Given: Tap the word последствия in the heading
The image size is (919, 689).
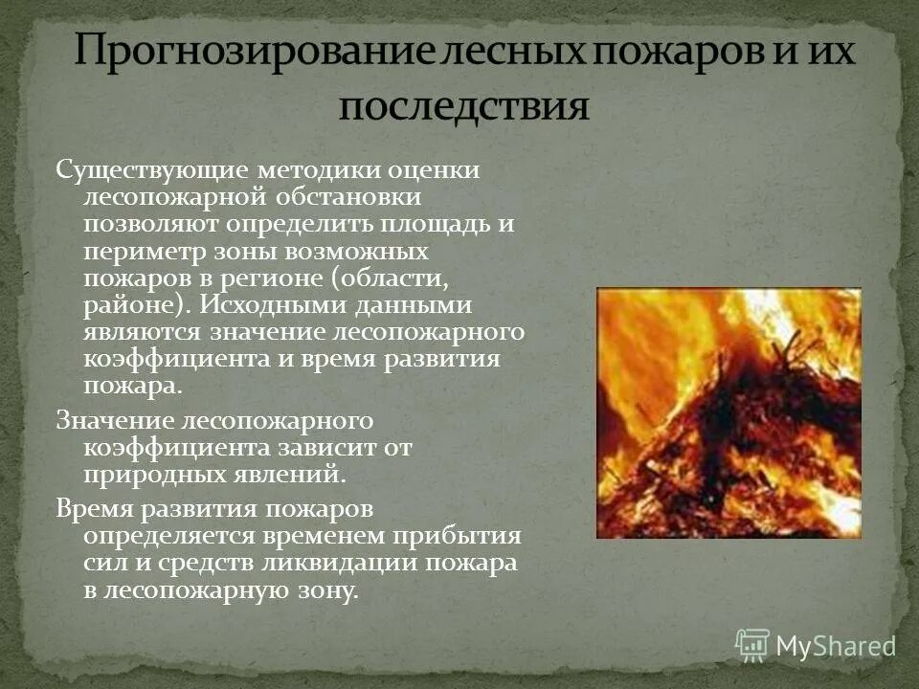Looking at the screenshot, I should (463, 106).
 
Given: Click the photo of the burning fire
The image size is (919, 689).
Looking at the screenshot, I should (728, 412).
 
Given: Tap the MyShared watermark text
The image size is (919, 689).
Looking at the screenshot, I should (836, 646).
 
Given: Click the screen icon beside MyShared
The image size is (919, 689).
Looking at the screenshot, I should (752, 646).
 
